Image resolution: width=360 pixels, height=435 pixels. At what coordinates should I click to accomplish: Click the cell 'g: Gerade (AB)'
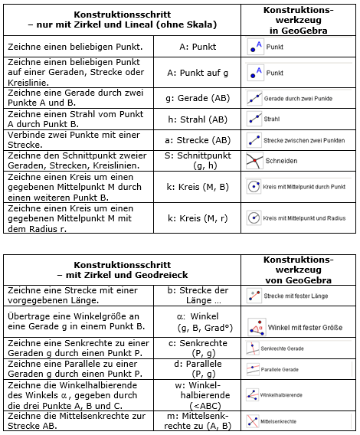pyautogui.click(x=198, y=99)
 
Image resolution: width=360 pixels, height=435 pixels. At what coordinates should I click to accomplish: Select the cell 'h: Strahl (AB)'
pyautogui.click(x=198, y=119)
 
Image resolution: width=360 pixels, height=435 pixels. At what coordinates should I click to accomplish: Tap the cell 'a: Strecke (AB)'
pyautogui.click(x=198, y=140)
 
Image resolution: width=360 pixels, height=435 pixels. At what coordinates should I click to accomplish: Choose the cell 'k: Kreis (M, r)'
pyautogui.click(x=198, y=218)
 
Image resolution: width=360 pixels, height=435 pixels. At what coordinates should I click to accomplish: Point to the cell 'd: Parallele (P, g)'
pyautogui.click(x=198, y=369)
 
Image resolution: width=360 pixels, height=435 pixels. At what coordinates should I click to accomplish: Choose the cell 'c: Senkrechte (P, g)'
pyautogui.click(x=198, y=348)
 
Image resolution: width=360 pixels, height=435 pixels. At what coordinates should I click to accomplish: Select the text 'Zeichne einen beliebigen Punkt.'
pyautogui.click(x=62, y=47)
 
